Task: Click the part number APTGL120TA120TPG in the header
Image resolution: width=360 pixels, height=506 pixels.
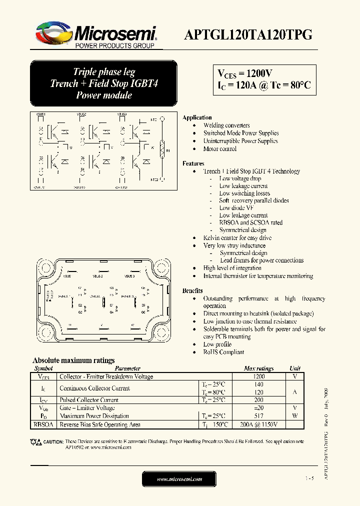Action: coord(248,34)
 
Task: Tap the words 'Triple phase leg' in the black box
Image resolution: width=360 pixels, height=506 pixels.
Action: coord(104,72)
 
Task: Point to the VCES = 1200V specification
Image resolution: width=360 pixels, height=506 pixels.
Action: coord(244,73)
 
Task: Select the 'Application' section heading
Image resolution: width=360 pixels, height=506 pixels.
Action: coord(197,117)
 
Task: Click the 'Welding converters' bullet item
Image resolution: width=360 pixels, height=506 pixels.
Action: coord(226,125)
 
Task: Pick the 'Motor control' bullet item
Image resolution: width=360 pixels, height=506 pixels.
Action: coord(220,149)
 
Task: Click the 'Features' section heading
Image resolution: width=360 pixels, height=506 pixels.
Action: coord(193,163)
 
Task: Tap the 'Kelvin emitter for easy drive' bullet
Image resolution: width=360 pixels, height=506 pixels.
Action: coord(237,238)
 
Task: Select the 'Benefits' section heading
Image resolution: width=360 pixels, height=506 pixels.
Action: coord(192,290)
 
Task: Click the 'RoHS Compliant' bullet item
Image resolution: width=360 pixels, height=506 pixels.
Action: coord(223,352)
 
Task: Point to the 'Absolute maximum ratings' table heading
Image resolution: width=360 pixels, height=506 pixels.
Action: coord(73,360)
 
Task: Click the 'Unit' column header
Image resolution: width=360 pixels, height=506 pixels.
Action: coord(295,368)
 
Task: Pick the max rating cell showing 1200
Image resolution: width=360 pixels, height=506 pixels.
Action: coord(259,376)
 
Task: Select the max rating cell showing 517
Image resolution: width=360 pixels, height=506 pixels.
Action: coord(259,416)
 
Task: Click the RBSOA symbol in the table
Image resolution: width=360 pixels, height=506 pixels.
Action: coord(42,424)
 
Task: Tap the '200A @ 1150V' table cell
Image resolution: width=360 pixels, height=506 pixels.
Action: coord(259,424)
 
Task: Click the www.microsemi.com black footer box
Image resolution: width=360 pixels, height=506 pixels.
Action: coord(179,479)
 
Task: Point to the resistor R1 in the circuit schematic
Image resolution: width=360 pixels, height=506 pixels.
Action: coord(161,149)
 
